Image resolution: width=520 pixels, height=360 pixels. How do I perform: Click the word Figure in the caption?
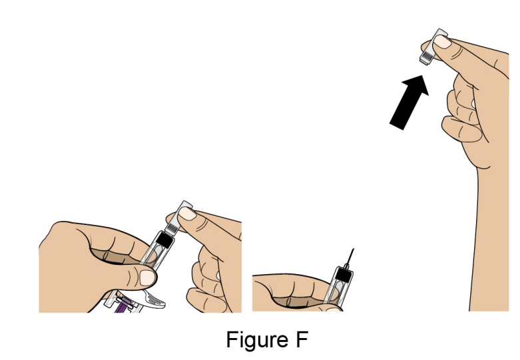(257, 340)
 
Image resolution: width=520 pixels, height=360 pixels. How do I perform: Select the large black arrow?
(409, 102)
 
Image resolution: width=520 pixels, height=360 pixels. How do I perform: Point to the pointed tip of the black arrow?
(423, 76)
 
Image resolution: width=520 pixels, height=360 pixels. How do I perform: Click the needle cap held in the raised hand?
(433, 47)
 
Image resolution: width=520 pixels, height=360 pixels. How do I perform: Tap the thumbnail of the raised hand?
(442, 42)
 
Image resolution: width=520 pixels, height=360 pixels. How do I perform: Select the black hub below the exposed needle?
(344, 275)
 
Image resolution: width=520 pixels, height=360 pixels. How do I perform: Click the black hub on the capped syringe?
(165, 240)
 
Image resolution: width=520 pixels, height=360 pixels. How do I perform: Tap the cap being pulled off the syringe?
(177, 218)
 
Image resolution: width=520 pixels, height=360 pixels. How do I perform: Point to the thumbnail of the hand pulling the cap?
(187, 214)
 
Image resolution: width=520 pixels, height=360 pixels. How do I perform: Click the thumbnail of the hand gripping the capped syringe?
(147, 277)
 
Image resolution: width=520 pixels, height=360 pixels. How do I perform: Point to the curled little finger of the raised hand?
(461, 129)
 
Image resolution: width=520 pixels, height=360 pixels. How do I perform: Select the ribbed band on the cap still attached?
(170, 228)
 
